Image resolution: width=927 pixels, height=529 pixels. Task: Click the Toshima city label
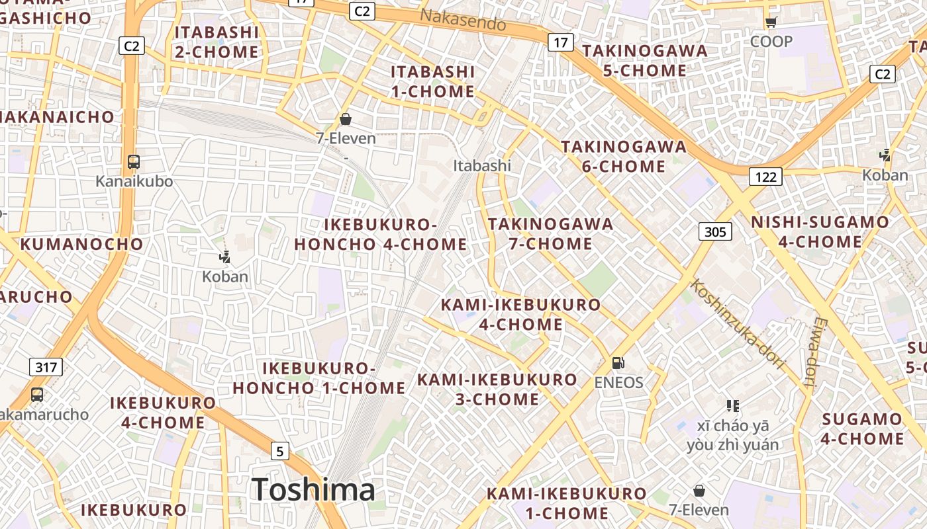tap(313, 490)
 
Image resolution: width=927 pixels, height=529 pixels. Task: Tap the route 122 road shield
tap(765, 177)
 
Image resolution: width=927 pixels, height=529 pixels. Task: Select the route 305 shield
tap(715, 231)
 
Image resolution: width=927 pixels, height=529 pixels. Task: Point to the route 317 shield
tap(46, 366)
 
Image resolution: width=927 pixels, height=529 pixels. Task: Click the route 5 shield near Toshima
tap(280, 452)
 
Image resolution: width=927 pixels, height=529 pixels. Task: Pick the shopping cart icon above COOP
tap(771, 22)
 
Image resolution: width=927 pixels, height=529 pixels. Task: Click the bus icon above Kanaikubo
tap(134, 161)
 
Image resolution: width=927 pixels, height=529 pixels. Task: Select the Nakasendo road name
tap(463, 20)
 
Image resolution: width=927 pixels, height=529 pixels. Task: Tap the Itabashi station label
tap(482, 165)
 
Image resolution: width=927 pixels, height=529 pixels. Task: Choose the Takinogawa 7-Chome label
tap(551, 234)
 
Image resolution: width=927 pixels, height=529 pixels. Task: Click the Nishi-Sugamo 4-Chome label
tap(820, 232)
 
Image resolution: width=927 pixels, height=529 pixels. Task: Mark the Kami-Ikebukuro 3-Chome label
tap(497, 389)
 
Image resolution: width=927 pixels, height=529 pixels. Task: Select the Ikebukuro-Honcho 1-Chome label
tap(319, 378)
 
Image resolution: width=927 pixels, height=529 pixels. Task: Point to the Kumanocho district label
tap(82, 244)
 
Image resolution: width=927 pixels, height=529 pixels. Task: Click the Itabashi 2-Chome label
tap(217, 42)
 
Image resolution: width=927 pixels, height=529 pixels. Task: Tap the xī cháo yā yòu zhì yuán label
tap(732, 434)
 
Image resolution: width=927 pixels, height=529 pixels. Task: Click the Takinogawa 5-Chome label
tap(644, 61)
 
